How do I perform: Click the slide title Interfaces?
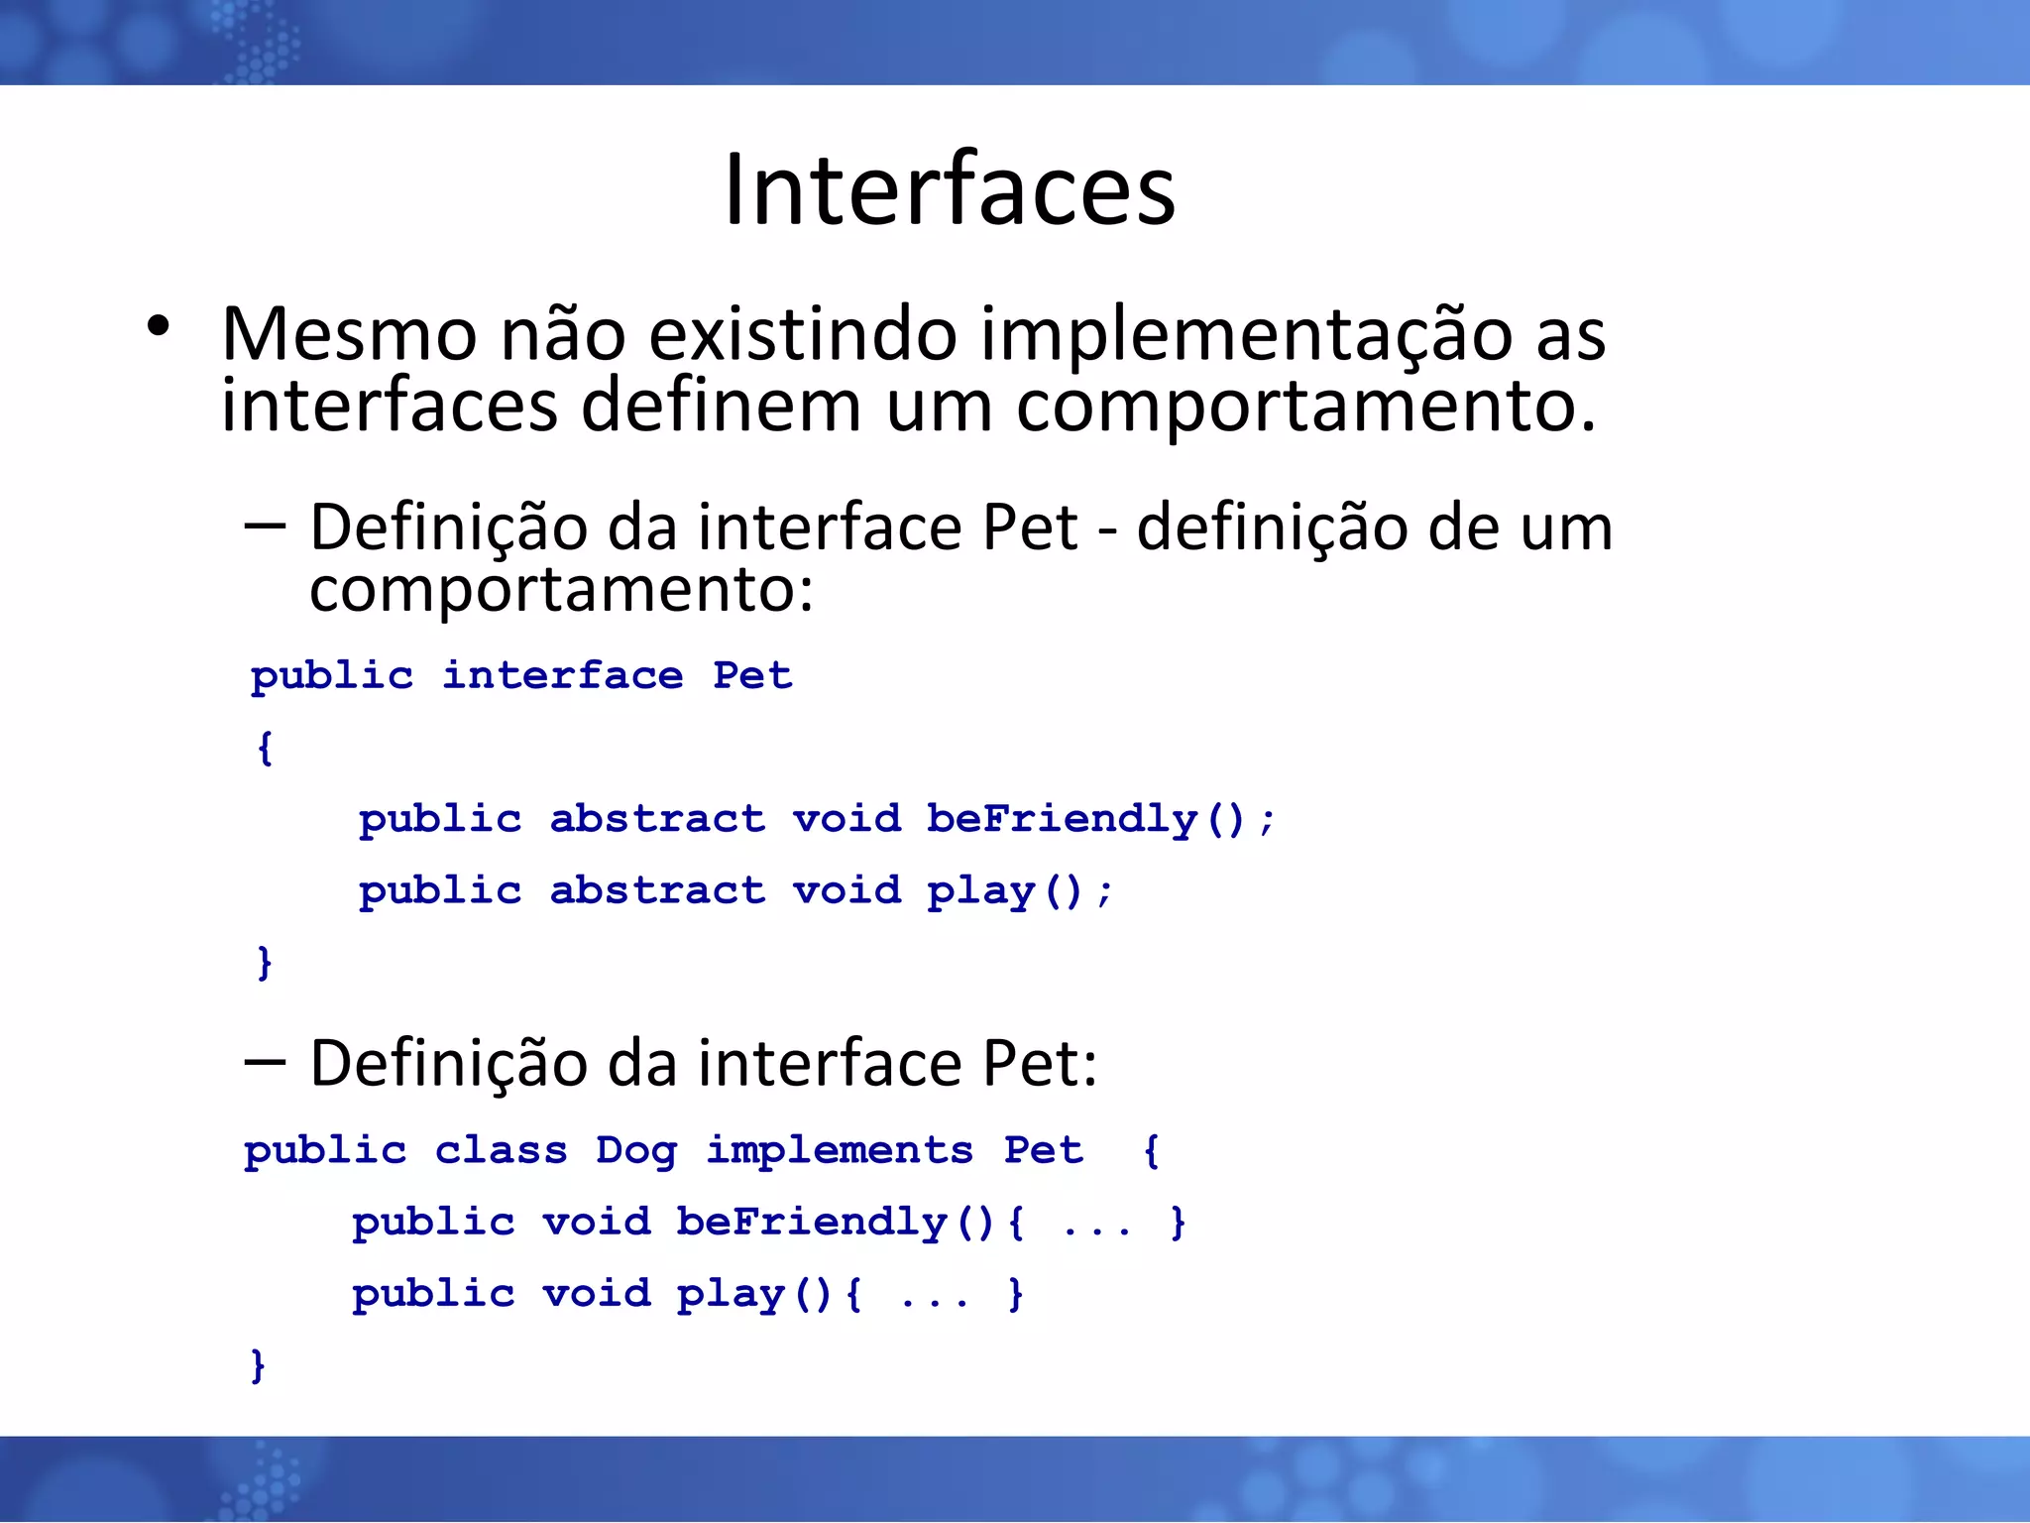pyautogui.click(x=949, y=189)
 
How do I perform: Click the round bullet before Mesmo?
pyautogui.click(x=158, y=326)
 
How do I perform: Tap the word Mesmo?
pyautogui.click(x=348, y=334)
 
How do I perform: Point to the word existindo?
pyautogui.click(x=803, y=334)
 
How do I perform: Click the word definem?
pyautogui.click(x=721, y=406)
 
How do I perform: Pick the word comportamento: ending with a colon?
pyautogui.click(x=561, y=589)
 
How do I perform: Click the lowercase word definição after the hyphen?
pyautogui.click(x=1271, y=527)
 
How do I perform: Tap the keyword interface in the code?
pyautogui.click(x=562, y=676)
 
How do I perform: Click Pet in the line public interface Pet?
pyautogui.click(x=752, y=676)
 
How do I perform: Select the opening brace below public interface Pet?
pyautogui.click(x=265, y=748)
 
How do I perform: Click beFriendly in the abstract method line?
pyautogui.click(x=1062, y=819)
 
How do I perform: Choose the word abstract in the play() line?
pyautogui.click(x=657, y=890)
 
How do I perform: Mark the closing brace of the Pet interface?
pyautogui.click(x=265, y=962)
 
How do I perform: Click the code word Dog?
pyautogui.click(x=636, y=1151)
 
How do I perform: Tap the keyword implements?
pyautogui.click(x=840, y=1151)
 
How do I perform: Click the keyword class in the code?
pyautogui.click(x=501, y=1151)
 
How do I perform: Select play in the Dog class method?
pyautogui.click(x=731, y=1295)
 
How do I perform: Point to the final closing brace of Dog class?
pyautogui.click(x=258, y=1365)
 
